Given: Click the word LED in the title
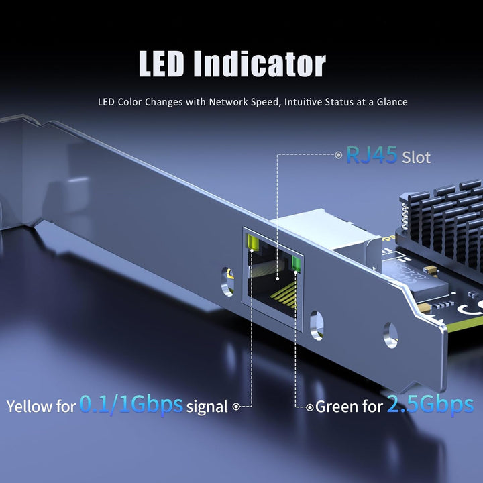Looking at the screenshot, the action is pos(161,64).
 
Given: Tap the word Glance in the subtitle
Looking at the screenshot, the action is pos(392,102).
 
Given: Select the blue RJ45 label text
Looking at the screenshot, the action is pos(372,155).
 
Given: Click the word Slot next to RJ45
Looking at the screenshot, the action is pos(416,158).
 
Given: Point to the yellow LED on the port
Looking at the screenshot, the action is pos(252,241).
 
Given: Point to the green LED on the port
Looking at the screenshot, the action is pos(296,263).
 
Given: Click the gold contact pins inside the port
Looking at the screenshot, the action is pos(284,296).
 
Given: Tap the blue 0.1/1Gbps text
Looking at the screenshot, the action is pos(131,404).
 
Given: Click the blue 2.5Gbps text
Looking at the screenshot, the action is pos(430,404).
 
